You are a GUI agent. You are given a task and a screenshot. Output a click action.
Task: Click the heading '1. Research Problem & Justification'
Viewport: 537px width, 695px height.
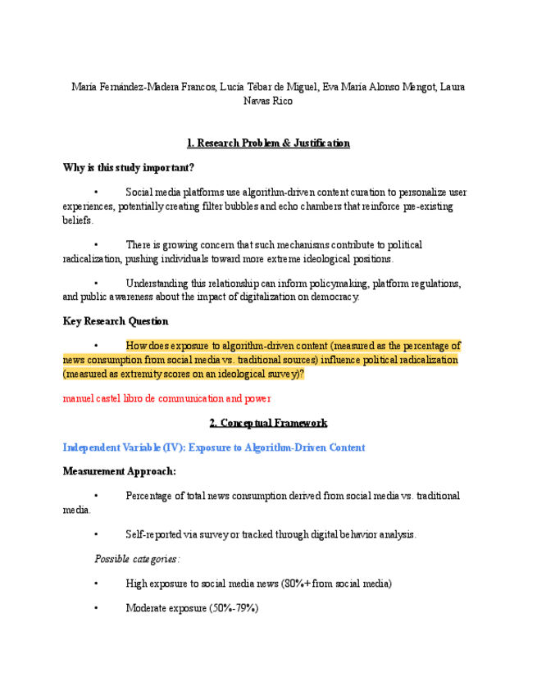tap(268, 143)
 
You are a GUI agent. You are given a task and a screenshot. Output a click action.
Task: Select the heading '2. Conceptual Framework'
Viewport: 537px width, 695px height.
tap(268, 423)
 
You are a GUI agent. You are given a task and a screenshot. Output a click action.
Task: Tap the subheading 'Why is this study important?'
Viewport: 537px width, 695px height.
tap(129, 168)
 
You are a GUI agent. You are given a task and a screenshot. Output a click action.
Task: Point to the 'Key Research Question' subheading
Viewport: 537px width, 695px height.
tap(116, 321)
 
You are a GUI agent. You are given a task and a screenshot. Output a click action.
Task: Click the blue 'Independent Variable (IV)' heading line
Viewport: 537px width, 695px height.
tap(214, 447)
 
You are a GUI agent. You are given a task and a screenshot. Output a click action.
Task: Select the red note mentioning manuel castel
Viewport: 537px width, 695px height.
tap(166, 398)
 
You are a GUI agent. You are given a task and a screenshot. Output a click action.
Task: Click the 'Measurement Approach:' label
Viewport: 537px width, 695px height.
tap(120, 471)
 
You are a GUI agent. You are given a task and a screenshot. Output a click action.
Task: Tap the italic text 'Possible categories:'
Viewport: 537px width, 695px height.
tap(137, 559)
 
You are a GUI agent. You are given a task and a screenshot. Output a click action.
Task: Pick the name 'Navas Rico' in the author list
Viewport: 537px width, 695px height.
tap(268, 102)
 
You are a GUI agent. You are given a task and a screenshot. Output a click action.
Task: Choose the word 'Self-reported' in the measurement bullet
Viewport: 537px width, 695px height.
tap(157, 534)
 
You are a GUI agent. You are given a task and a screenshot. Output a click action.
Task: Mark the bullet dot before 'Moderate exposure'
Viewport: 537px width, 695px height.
tap(97, 608)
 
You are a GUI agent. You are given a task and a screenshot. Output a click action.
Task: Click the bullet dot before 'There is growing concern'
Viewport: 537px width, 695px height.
tap(97, 245)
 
